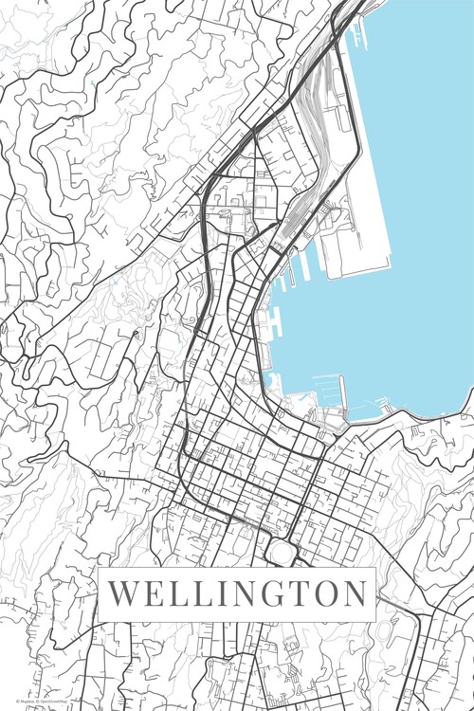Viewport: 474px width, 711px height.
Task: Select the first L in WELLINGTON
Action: click(x=177, y=594)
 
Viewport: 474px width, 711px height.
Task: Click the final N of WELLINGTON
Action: click(x=355, y=594)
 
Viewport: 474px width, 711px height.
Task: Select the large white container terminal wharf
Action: click(x=355, y=237)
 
